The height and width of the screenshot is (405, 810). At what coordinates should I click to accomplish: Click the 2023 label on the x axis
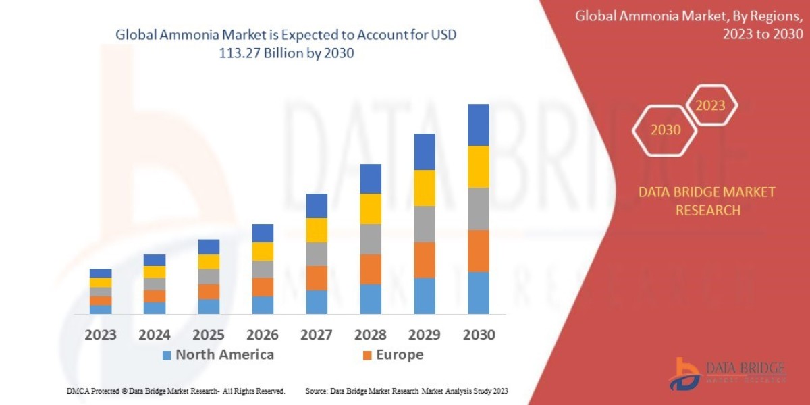click(x=101, y=335)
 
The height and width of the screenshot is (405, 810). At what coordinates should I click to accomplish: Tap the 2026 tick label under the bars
click(x=263, y=335)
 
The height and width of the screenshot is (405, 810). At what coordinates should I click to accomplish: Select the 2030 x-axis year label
click(x=479, y=335)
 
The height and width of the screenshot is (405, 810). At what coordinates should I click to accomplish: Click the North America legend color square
click(x=167, y=355)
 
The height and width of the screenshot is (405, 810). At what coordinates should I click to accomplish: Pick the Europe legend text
click(x=400, y=355)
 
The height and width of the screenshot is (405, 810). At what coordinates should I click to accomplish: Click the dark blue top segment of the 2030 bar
click(x=479, y=125)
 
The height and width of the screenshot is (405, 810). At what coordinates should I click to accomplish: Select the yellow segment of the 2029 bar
click(x=425, y=188)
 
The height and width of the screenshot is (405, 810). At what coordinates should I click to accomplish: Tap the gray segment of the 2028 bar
click(x=371, y=239)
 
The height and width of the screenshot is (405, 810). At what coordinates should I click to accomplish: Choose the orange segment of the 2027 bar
click(x=317, y=278)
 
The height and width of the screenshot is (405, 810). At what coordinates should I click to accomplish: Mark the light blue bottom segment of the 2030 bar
click(x=479, y=293)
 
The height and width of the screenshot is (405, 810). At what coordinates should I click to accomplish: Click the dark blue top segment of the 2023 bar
click(x=101, y=273)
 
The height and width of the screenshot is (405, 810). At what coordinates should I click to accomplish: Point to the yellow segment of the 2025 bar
click(x=209, y=262)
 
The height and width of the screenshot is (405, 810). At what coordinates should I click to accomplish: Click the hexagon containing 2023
click(x=710, y=105)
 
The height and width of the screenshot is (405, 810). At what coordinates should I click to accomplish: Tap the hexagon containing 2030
click(x=666, y=130)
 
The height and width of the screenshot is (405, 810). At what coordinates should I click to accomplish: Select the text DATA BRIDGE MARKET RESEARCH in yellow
click(x=707, y=201)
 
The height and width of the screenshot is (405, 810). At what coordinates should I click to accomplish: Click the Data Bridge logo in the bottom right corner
click(x=728, y=373)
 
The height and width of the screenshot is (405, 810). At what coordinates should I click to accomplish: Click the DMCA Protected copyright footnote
click(x=175, y=391)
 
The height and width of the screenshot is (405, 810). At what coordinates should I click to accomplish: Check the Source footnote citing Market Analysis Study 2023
click(x=406, y=391)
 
